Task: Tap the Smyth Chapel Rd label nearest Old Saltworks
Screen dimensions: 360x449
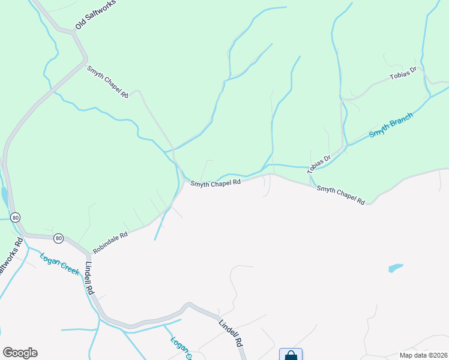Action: coord(108,82)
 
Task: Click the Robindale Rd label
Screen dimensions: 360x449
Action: coord(110,242)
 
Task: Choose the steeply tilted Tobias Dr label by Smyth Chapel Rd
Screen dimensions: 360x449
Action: coord(319,165)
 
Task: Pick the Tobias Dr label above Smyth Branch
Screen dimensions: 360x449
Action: coord(403,75)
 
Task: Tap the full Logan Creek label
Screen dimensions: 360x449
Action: coord(59,265)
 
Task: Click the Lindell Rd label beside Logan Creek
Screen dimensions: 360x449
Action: coord(90,280)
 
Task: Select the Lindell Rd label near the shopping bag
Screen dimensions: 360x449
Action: coord(230,333)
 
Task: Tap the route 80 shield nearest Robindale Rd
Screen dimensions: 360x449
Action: coord(58,238)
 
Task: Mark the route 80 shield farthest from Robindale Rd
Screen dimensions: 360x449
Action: coord(16,217)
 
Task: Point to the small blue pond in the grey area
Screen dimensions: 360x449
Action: coord(395,268)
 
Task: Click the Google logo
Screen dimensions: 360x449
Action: coord(20,353)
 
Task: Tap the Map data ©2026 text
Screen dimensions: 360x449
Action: coord(423,355)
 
